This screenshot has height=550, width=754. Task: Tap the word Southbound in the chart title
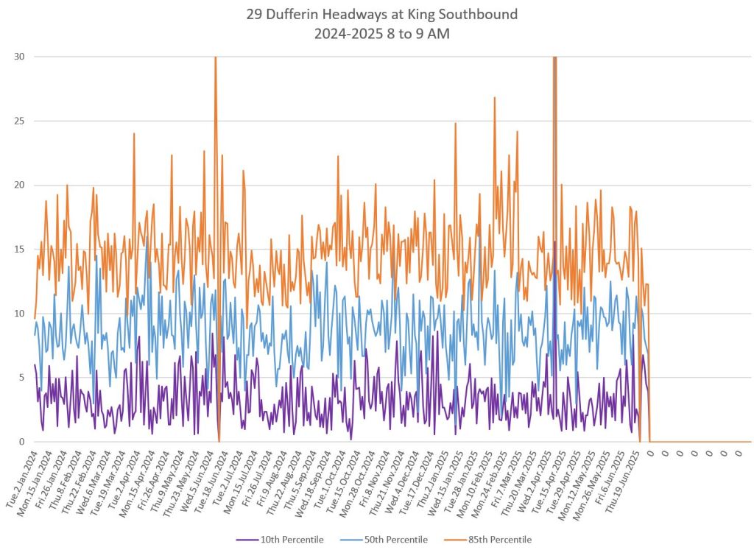484,14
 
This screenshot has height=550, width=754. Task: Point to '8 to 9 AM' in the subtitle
412,33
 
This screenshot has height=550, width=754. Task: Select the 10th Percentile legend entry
292,540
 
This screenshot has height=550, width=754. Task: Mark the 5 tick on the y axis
23,378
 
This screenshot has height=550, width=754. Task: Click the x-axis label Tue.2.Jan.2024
21,472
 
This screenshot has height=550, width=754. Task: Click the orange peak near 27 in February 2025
495,98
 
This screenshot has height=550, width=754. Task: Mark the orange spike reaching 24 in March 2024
134,134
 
